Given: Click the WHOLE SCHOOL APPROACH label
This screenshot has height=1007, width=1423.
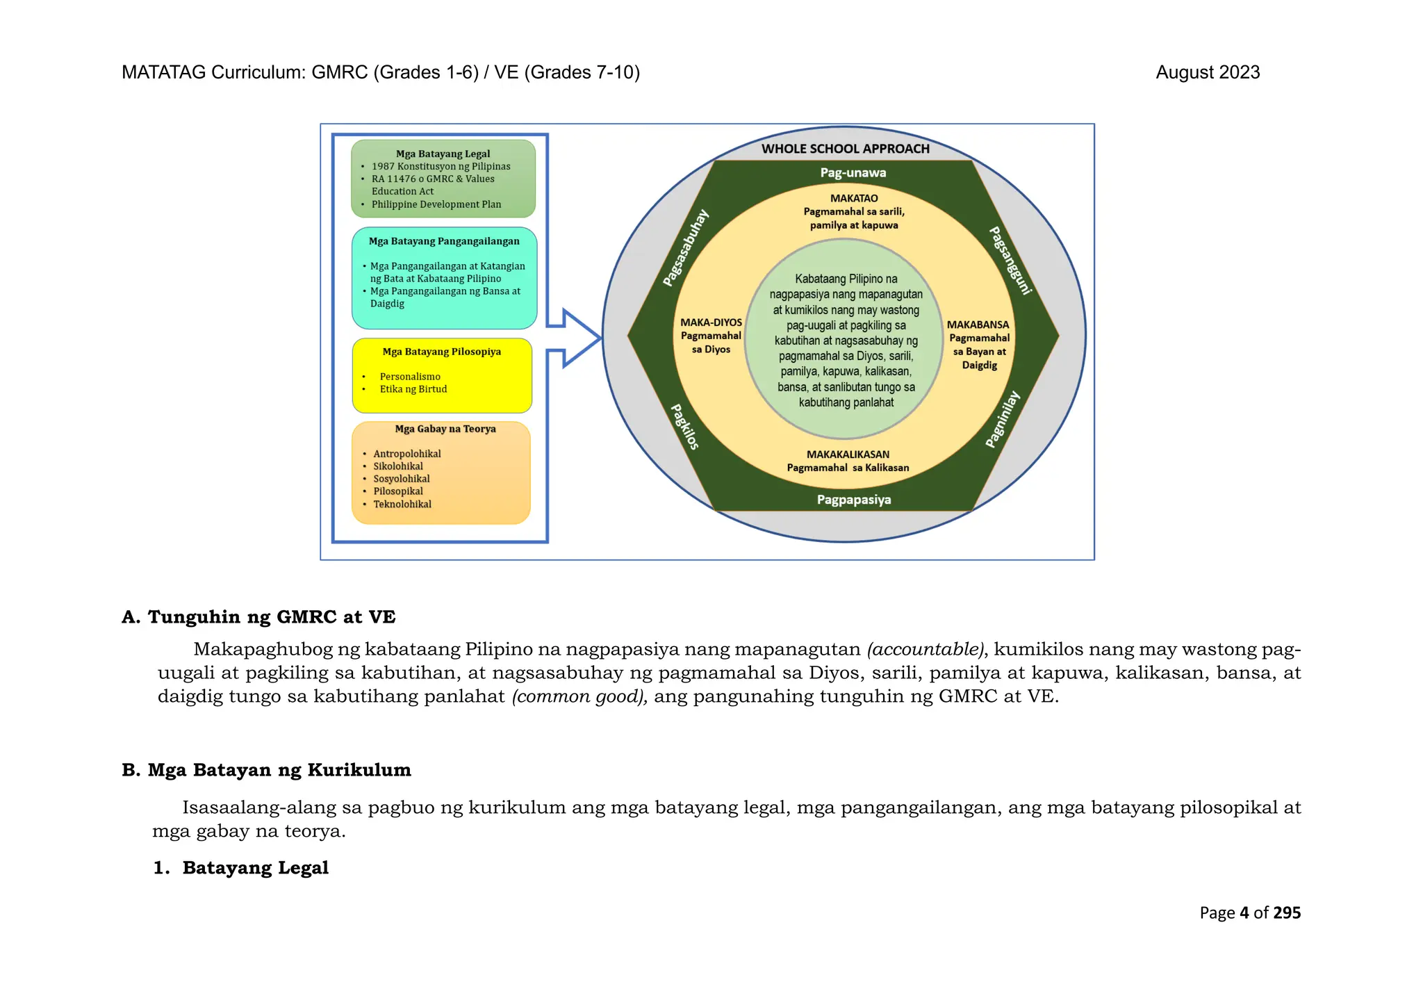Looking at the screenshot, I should pos(845,149).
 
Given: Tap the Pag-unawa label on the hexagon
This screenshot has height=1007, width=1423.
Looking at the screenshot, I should pos(853,172).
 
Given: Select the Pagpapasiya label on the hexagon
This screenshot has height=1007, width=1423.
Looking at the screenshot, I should pos(853,500).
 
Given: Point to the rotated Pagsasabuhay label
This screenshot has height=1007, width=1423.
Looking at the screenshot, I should pos(686,247).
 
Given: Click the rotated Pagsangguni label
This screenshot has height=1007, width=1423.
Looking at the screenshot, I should pos(1009,260).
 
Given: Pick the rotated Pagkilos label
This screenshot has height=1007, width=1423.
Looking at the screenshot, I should pos(684,427).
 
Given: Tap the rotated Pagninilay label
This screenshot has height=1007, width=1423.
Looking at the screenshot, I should pos(1003,419).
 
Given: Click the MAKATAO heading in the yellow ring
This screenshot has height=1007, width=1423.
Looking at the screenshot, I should pos(854,198).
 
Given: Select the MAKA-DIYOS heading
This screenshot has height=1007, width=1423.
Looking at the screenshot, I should pos(711,322).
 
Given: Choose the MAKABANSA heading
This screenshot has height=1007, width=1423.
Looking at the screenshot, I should pos(978,325).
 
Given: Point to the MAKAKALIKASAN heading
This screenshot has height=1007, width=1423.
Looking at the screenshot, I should pos(848,455).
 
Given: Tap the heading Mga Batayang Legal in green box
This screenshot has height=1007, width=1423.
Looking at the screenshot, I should pos(443,154).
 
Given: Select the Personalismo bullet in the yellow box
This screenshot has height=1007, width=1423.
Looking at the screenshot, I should pos(410,377).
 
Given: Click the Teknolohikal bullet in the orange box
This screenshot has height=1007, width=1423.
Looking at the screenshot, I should pos(402,505).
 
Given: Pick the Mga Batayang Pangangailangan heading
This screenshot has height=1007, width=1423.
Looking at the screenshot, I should pos(444,241).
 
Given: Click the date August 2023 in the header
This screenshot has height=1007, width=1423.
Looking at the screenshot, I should pos(1207,72).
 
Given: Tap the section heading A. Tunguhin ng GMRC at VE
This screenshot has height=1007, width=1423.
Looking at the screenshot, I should pos(258,617).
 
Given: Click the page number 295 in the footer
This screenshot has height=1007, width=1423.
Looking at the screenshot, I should pos(1287,912).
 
